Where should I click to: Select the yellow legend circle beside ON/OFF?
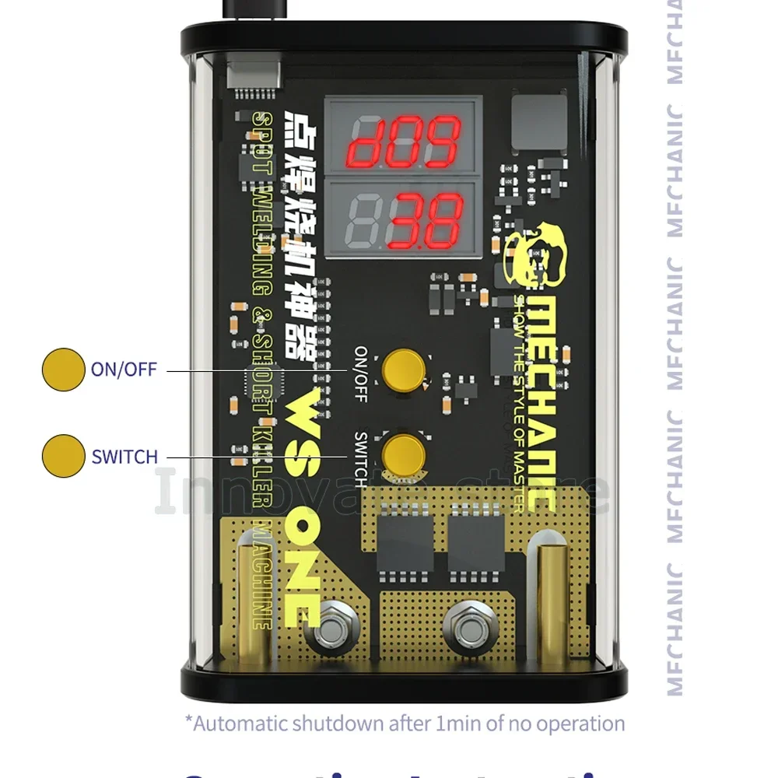63,369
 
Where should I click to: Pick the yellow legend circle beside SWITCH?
63,455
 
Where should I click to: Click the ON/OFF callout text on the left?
124,369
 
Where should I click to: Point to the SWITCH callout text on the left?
124,456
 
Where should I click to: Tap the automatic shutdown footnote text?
405,724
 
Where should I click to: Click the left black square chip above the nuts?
405,541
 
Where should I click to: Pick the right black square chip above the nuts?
476,541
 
